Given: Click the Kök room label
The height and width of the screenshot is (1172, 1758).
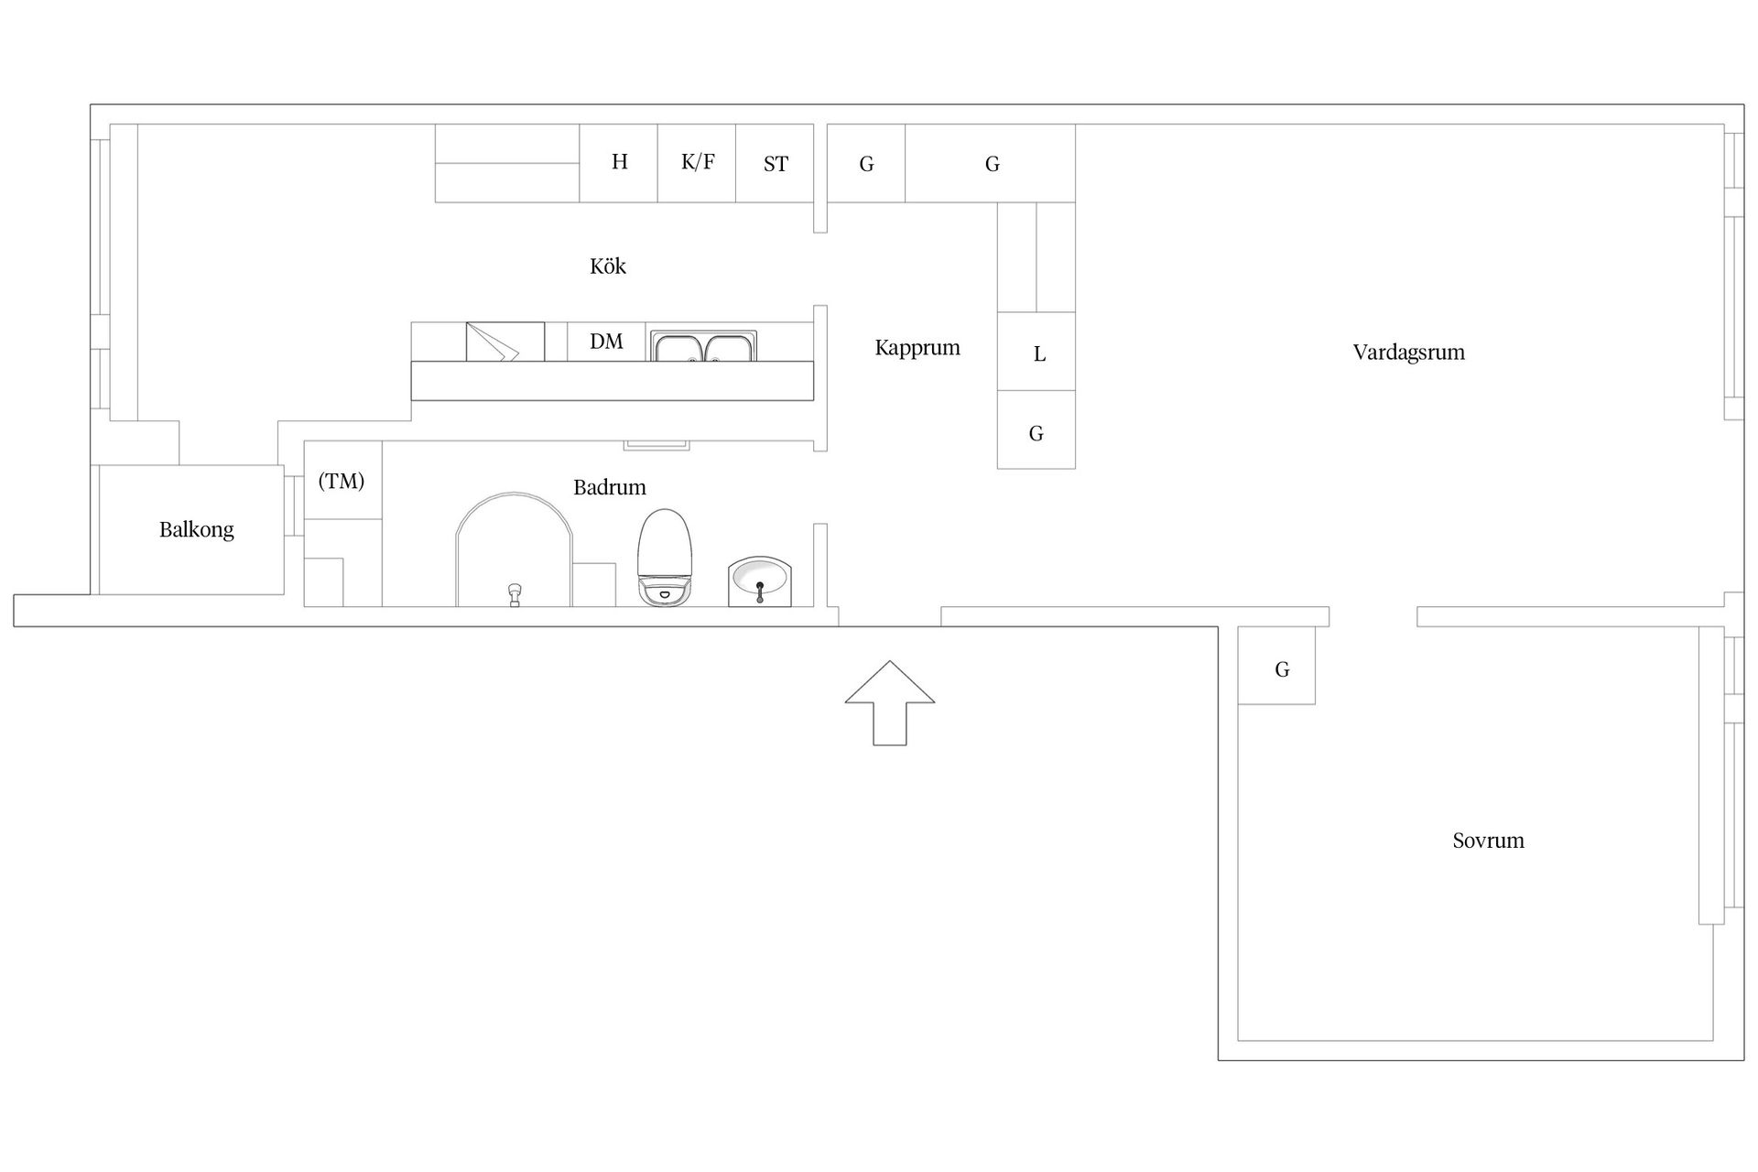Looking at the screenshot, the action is [x=608, y=266].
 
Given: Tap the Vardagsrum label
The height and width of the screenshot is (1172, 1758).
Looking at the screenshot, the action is [x=1408, y=353].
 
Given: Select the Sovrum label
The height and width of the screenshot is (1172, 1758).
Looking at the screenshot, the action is [x=1488, y=841].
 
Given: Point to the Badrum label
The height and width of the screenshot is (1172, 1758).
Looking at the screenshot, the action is [x=610, y=487].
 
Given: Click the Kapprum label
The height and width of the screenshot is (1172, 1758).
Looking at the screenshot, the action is [x=917, y=348].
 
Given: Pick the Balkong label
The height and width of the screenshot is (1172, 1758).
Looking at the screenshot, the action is [x=197, y=529].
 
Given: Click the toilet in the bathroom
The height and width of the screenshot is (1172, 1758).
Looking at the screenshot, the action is [x=665, y=558].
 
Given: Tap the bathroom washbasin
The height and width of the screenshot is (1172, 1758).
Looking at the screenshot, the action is [x=759, y=581].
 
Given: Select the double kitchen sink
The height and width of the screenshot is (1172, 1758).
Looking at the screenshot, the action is [x=703, y=346].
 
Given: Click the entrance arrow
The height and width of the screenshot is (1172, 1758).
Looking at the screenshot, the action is [x=890, y=703].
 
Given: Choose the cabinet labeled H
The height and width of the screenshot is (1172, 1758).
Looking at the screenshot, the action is [x=619, y=163].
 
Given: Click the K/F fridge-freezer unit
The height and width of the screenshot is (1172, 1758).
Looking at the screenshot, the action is [x=697, y=163].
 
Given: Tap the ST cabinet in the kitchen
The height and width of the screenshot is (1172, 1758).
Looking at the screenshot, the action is [x=775, y=163].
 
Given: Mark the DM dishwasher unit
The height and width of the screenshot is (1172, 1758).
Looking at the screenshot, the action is [x=606, y=342].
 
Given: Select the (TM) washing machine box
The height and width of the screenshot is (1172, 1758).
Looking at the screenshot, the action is [x=342, y=480].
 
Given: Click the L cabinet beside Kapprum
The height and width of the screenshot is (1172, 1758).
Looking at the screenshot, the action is [x=1036, y=352].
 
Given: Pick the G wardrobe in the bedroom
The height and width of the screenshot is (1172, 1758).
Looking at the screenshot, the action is [x=1276, y=666].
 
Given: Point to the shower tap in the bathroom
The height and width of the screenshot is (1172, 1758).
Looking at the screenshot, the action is [x=515, y=594].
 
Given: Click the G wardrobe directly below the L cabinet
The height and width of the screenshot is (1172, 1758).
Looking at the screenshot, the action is [x=1036, y=430].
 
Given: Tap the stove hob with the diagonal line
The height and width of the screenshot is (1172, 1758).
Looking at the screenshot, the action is [x=505, y=342].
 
